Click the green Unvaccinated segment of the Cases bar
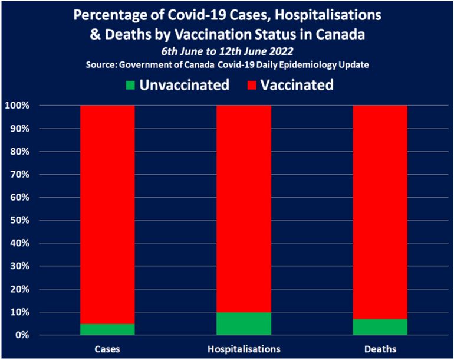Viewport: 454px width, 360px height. coord(107,329)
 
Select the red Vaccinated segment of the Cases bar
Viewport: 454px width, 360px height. coord(107,212)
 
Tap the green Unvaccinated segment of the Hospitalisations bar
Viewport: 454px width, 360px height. coord(244,323)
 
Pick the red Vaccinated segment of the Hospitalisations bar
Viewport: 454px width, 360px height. coord(244,207)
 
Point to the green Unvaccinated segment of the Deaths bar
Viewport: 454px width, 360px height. coord(380,327)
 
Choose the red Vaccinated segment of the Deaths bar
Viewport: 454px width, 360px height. coord(380,210)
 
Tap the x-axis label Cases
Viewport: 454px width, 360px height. coord(107,348)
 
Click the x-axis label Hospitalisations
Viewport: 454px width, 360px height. coord(244,348)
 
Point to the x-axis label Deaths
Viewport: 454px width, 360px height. coord(380,348)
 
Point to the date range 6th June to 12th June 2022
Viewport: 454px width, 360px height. coord(227,51)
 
